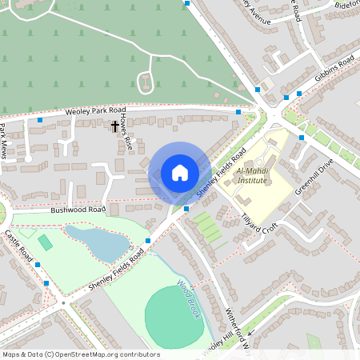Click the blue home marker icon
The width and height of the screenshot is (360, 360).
(x=180, y=173)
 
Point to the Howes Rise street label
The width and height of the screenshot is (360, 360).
(x=127, y=131)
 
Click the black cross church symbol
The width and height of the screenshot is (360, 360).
(x=114, y=126)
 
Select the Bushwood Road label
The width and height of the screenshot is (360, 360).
(x=78, y=210)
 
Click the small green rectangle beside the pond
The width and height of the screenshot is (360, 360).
(x=46, y=241)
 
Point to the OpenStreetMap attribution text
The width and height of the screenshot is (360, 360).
(x=80, y=354)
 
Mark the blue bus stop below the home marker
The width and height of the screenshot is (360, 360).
(x=186, y=209)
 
